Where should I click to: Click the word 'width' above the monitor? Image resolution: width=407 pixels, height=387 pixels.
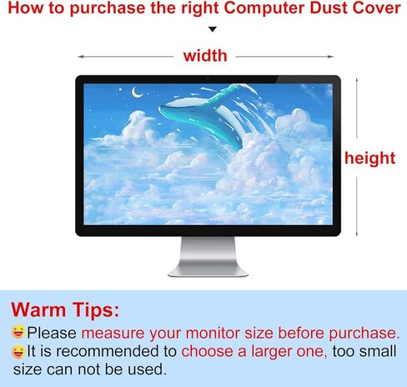click(x=205, y=55)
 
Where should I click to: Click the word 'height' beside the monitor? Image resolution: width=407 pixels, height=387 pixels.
click(x=369, y=159)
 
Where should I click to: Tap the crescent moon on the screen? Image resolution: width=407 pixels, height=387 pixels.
click(x=137, y=92)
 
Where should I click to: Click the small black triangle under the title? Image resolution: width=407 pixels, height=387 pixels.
click(x=213, y=29)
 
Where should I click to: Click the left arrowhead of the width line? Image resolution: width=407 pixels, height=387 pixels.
click(x=81, y=57)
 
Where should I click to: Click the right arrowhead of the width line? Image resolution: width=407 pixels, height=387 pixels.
click(x=330, y=57)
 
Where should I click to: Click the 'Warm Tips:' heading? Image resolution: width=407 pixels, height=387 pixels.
click(x=65, y=310)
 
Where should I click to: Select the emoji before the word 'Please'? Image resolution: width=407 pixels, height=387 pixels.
click(x=18, y=332)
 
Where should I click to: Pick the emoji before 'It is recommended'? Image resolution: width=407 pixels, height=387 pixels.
click(x=18, y=351)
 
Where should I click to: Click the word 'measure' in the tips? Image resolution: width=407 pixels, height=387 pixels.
click(x=113, y=334)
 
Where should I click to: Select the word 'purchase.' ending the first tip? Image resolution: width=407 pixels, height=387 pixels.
click(x=364, y=334)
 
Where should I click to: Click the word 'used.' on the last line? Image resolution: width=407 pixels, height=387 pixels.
click(x=147, y=369)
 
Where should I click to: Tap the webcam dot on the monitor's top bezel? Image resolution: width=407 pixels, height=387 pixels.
click(x=208, y=79)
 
